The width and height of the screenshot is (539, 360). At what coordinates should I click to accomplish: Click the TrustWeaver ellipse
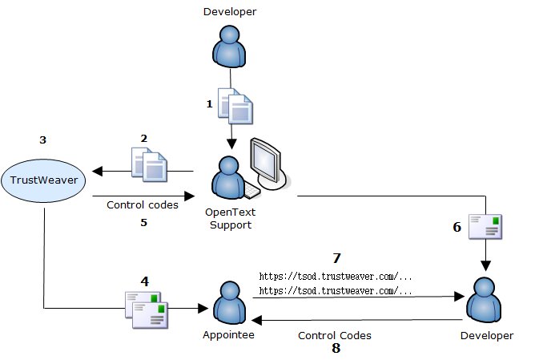[45, 180]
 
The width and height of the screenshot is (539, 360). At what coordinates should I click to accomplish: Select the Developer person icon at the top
[231, 47]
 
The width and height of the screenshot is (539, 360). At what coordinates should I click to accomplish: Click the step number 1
[210, 103]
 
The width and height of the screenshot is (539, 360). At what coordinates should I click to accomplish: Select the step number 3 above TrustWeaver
[42, 140]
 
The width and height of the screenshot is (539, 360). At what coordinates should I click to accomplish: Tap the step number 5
[144, 222]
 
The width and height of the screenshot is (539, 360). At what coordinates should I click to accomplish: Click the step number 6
[457, 227]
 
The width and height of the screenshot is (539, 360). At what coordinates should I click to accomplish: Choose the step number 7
[336, 258]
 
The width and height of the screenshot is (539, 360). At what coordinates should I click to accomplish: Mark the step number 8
[336, 349]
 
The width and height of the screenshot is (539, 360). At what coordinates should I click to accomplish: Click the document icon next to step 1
[238, 107]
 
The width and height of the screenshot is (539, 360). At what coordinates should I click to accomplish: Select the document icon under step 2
[149, 164]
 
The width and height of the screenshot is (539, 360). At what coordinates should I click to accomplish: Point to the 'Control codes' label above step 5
[143, 204]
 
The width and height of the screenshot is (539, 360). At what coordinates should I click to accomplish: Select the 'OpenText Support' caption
[231, 219]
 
